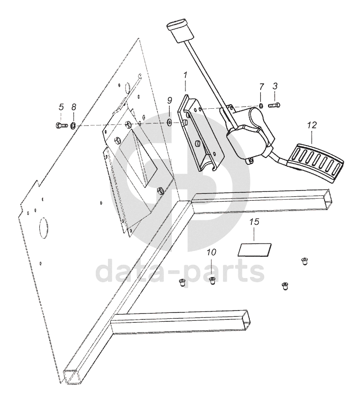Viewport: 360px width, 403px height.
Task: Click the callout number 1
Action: coord(185,76)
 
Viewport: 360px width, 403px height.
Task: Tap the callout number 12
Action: coord(311,125)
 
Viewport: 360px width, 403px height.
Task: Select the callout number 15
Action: coord(254,221)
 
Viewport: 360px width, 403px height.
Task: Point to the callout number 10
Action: coord(211,252)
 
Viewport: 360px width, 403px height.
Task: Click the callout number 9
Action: coord(169,100)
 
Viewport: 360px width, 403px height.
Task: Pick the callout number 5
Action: coord(61,107)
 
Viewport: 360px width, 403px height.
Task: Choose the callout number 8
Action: coord(73,107)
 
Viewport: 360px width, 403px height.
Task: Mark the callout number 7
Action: coord(261,87)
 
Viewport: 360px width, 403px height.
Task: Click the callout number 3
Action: coord(275,86)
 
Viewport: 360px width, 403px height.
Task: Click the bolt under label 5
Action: coord(61,125)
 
